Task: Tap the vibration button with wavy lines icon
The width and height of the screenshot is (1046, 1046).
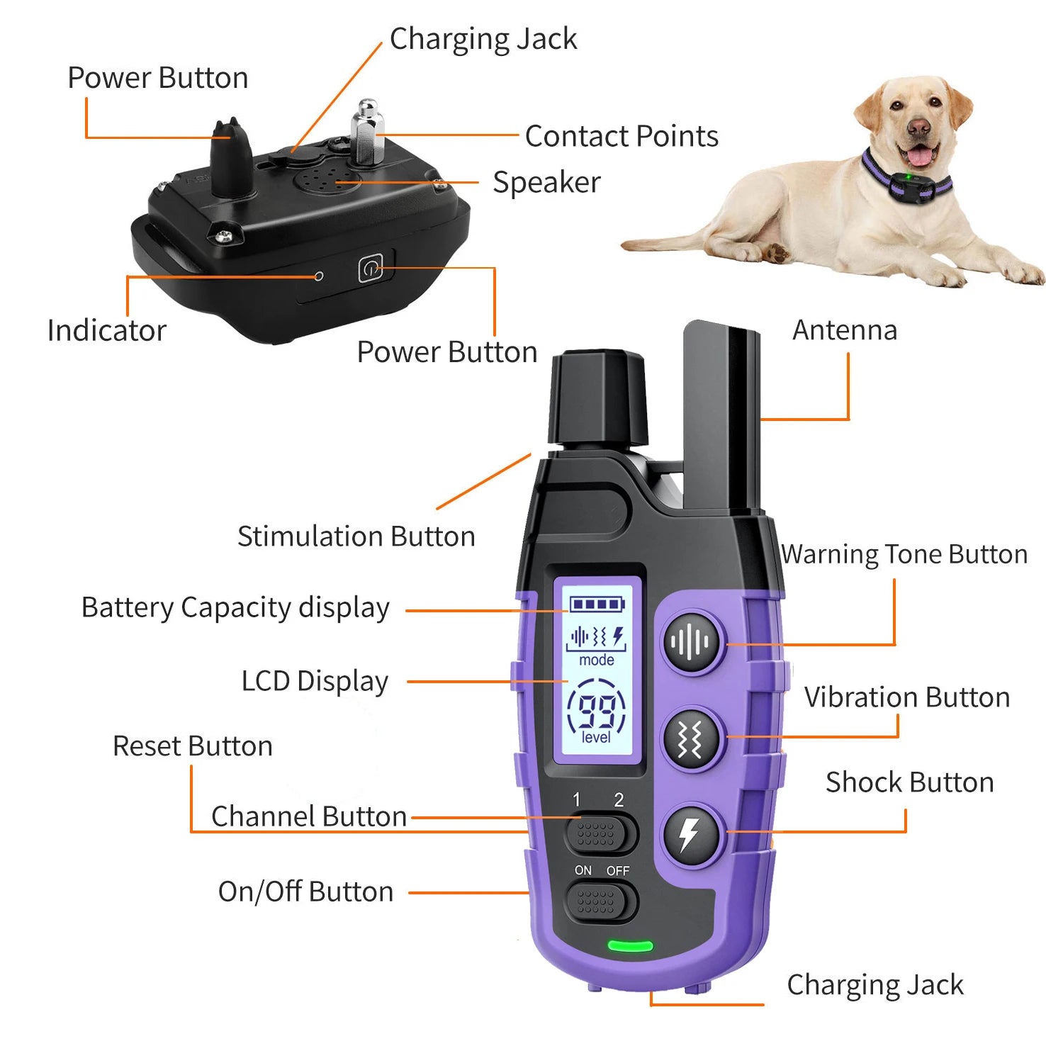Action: (691, 739)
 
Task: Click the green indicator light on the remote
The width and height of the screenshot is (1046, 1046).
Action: (630, 946)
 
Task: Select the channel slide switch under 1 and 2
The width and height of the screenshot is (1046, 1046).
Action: (600, 834)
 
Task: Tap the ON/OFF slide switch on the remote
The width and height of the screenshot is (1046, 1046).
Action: (600, 902)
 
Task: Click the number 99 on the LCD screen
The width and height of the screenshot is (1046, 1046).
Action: (597, 711)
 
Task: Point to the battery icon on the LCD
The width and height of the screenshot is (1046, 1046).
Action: (597, 604)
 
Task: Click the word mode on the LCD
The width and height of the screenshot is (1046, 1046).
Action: (597, 660)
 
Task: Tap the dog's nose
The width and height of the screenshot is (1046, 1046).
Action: (918, 128)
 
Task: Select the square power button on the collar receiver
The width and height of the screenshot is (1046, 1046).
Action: (370, 269)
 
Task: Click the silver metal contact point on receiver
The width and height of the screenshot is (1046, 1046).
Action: (367, 133)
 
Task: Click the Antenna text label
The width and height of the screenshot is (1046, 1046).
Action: (844, 330)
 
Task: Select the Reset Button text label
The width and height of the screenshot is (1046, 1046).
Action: (192, 746)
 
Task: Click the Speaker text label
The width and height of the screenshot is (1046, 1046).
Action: (546, 183)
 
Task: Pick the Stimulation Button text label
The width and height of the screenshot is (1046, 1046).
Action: (356, 536)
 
